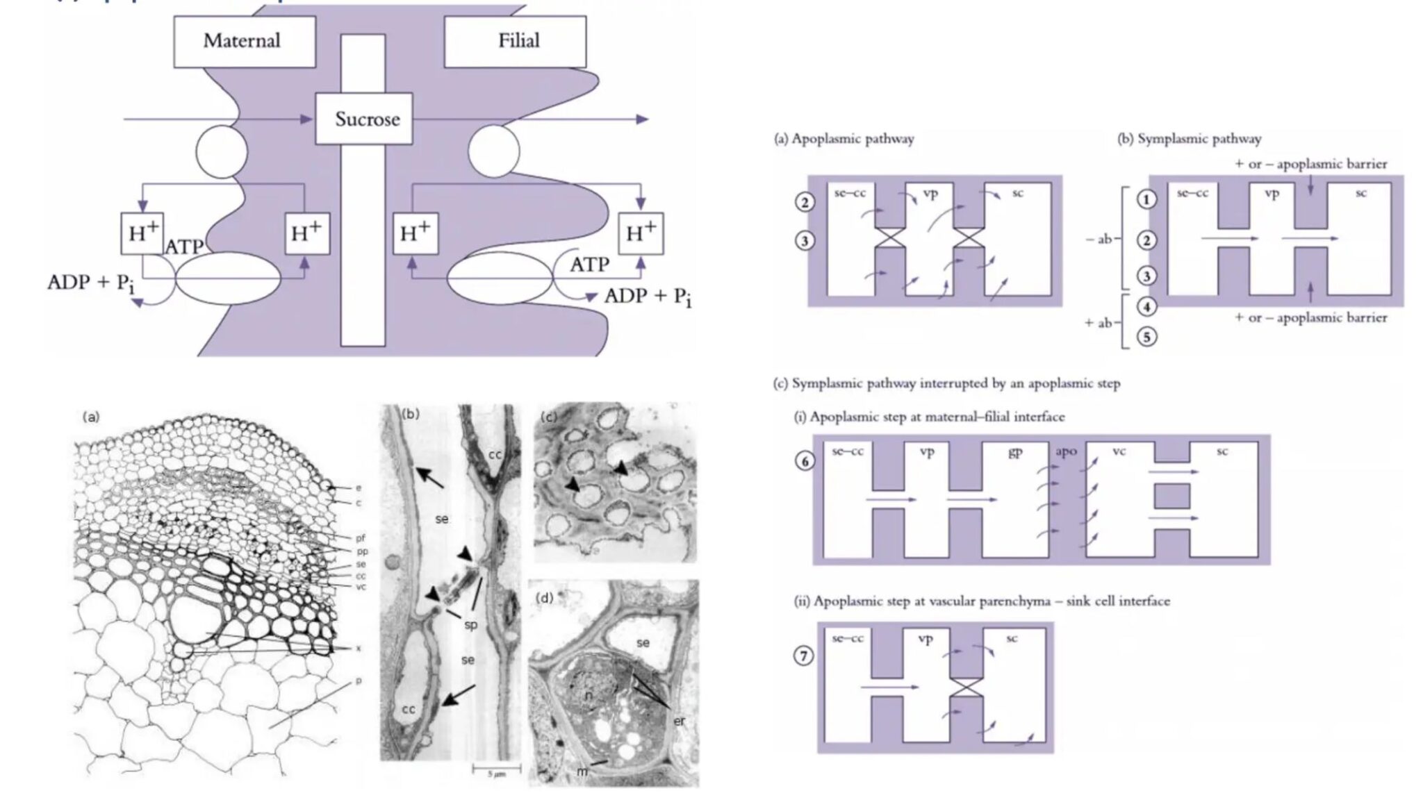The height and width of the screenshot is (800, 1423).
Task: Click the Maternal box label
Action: click(x=242, y=40)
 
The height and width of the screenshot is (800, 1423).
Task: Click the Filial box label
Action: click(x=518, y=40)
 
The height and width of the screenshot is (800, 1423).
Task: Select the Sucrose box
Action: click(x=367, y=119)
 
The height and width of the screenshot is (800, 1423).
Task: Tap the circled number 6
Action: click(x=804, y=460)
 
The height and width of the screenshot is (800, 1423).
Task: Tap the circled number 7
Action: click(x=803, y=655)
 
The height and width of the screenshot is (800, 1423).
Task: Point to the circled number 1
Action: click(x=1146, y=199)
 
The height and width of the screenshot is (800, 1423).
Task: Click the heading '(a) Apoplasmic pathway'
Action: click(x=844, y=139)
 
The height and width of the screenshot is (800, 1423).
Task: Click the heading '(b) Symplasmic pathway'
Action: click(x=1189, y=139)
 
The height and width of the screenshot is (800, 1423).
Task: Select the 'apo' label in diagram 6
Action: click(x=1066, y=451)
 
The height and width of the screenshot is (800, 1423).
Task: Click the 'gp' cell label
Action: click(x=1014, y=452)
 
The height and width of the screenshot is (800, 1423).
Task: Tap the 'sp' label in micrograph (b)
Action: click(x=470, y=624)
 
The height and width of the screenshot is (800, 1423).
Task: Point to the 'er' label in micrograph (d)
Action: click(x=679, y=721)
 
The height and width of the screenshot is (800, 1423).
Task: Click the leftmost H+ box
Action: click(x=142, y=233)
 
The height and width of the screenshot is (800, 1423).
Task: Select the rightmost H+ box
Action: click(x=640, y=233)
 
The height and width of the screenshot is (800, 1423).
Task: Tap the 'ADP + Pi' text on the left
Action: click(x=90, y=283)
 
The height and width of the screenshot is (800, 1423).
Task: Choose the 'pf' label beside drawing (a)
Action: click(x=360, y=537)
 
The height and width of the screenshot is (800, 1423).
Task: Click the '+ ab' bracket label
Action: click(x=1099, y=323)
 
